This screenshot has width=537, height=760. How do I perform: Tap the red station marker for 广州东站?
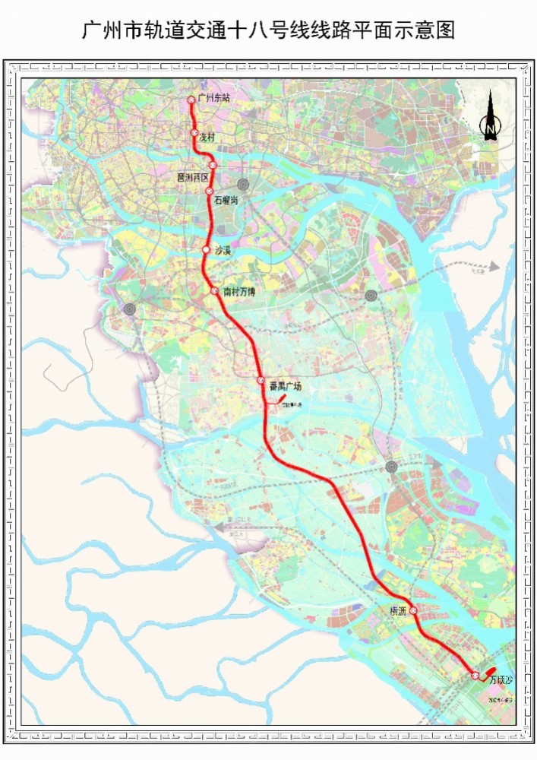pyautogui.click(x=191, y=99)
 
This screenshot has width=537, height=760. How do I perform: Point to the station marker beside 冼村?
pyautogui.click(x=195, y=133)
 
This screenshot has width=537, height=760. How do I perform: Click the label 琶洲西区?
pyautogui.click(x=192, y=176)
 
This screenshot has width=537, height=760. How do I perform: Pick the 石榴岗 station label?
pyautogui.click(x=226, y=200)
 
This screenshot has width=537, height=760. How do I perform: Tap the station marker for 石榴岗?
pyautogui.click(x=210, y=191)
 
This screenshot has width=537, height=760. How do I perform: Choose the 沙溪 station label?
pyautogui.click(x=222, y=249)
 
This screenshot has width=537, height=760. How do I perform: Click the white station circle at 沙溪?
pyautogui.click(x=206, y=249)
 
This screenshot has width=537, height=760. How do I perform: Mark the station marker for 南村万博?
pyautogui.click(x=215, y=290)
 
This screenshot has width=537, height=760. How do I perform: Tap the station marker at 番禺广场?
pyautogui.click(x=261, y=380)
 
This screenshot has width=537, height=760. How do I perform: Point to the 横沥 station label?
pyautogui.click(x=398, y=611)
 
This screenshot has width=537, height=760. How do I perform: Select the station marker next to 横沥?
pyautogui.click(x=414, y=610)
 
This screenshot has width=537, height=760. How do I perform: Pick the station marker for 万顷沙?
pyautogui.click(x=475, y=675)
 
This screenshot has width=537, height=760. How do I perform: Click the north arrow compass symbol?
pyautogui.click(x=491, y=118)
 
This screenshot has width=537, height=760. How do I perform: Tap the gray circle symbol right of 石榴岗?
pyautogui.click(x=243, y=185)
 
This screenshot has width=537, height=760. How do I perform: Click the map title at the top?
pyautogui.click(x=268, y=31)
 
